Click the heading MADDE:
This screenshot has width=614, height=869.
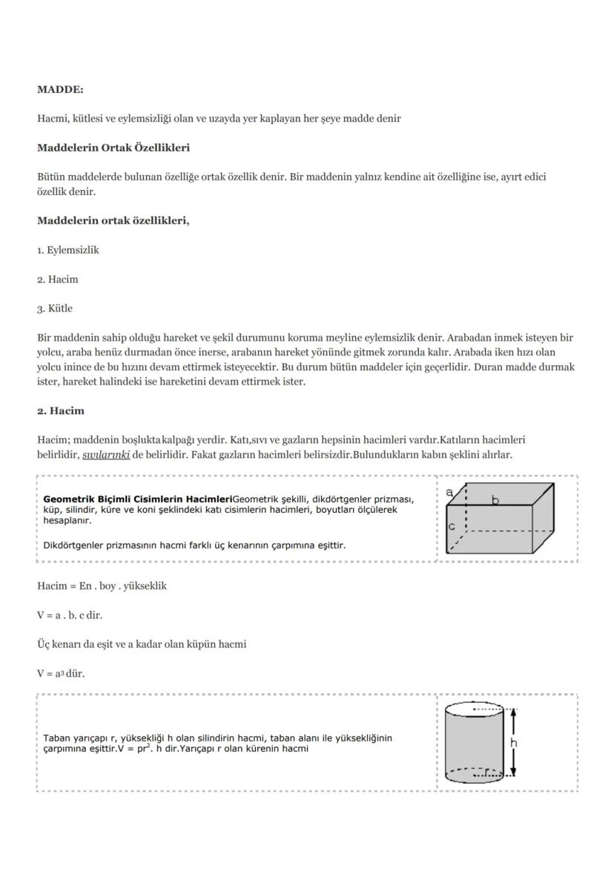(x=60, y=90)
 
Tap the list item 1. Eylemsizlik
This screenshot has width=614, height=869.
(x=68, y=250)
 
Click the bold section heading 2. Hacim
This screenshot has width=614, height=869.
(x=61, y=411)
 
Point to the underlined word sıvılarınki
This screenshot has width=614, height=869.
(x=106, y=455)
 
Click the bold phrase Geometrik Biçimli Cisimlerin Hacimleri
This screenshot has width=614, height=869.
(x=137, y=499)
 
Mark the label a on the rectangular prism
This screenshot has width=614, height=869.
(x=450, y=491)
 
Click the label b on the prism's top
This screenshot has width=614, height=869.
(x=495, y=501)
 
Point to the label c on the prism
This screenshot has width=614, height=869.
(x=452, y=526)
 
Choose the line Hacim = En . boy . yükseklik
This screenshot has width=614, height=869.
(x=102, y=586)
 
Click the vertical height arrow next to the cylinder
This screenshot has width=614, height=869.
(x=512, y=742)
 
